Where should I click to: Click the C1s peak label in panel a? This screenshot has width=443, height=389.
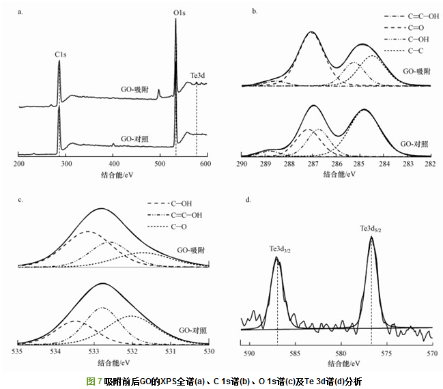point(60,52)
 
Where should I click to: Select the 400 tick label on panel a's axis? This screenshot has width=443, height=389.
point(113,165)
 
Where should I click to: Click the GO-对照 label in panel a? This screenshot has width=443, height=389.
point(134,139)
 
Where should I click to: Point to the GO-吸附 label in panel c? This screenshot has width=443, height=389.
point(190,250)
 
